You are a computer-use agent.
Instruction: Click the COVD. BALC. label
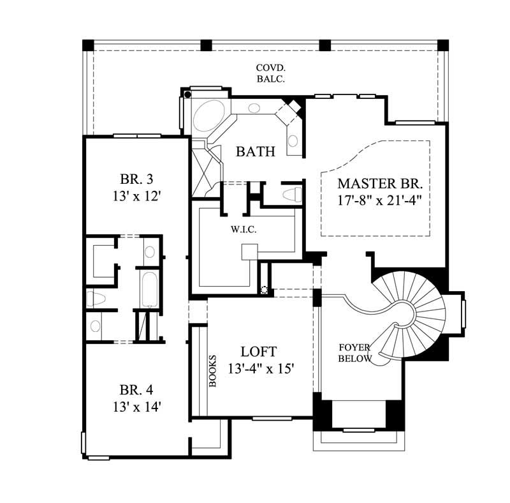[x=270, y=73]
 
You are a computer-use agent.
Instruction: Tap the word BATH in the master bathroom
[x=256, y=152]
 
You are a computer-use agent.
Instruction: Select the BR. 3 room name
[x=136, y=178]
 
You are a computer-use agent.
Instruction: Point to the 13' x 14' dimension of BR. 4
[x=136, y=407]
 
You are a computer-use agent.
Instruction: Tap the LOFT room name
[x=259, y=352]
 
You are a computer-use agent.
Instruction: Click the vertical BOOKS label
[x=214, y=371]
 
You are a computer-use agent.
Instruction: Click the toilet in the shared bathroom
[x=95, y=297]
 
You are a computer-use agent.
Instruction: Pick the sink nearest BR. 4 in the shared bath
[x=95, y=326]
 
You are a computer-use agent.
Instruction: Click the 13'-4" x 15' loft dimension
[x=259, y=369]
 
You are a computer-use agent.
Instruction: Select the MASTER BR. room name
[x=381, y=183]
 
